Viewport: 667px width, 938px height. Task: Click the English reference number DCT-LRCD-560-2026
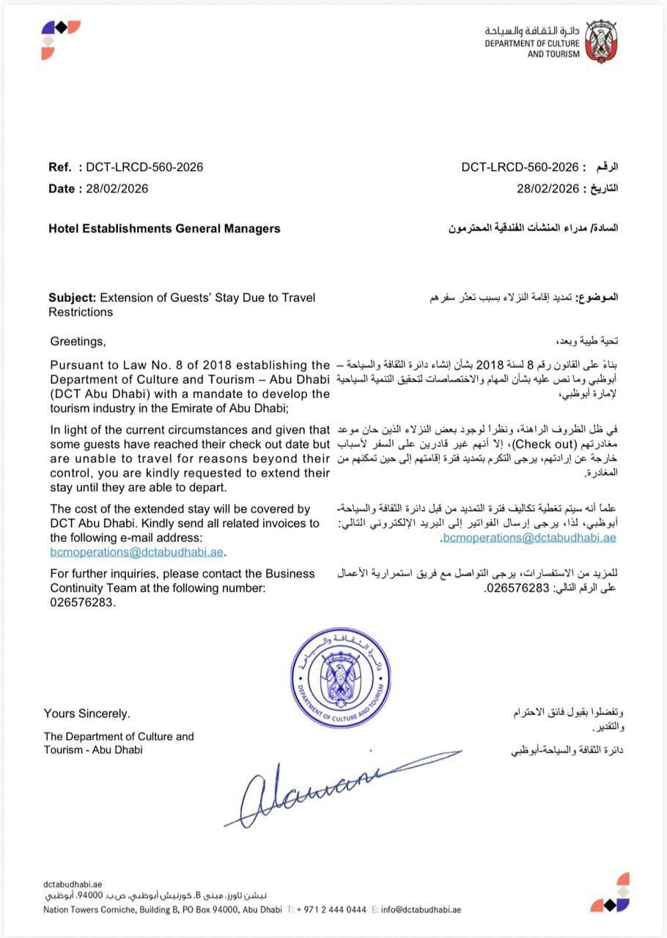(144, 167)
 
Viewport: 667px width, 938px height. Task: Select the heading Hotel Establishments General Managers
(164, 229)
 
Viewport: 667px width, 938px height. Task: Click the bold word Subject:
(73, 298)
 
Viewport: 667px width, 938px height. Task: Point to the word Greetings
(78, 341)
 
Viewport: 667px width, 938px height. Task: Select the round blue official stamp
(339, 678)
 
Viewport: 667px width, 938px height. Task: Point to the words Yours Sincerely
(86, 714)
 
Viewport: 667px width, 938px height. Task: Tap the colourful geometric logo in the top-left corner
(60, 39)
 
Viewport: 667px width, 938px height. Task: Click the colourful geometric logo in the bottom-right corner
(611, 892)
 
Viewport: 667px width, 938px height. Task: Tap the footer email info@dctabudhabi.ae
(421, 910)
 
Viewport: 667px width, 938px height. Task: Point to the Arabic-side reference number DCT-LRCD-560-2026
(520, 167)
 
